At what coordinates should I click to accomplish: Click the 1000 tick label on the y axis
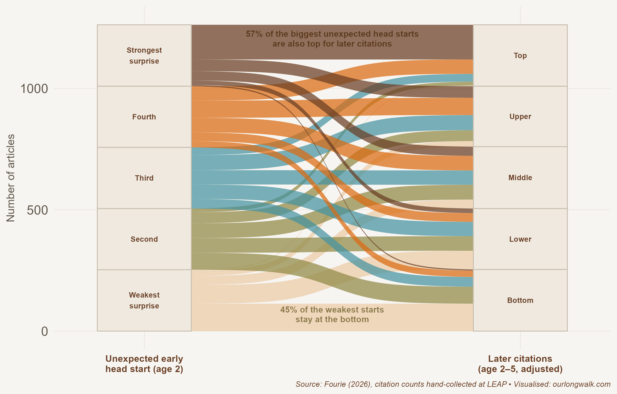(x=34, y=89)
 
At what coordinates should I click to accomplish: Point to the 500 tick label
(x=37, y=210)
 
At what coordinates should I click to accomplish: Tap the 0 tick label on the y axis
(x=45, y=332)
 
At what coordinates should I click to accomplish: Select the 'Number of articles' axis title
(x=10, y=178)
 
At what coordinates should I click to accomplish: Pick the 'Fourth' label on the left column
(x=144, y=117)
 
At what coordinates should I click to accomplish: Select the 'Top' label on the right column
(x=520, y=56)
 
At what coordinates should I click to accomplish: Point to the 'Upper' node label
(x=520, y=117)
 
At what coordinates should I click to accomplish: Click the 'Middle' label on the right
(x=520, y=178)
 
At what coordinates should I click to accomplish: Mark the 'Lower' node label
(x=520, y=239)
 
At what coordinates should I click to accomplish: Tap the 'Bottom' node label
(x=520, y=300)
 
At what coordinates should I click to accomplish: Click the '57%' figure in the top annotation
(x=254, y=34)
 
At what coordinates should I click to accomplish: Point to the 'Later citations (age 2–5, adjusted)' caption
(x=520, y=364)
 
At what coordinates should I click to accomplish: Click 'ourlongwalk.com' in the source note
(x=582, y=384)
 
